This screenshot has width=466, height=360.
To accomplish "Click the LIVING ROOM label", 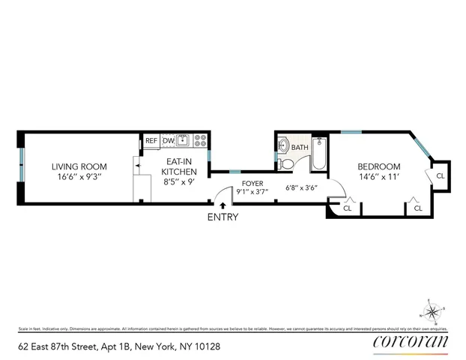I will pos(79,166).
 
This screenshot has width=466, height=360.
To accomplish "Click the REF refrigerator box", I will pos(151,140).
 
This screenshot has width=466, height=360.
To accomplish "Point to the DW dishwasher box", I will pos(169,140).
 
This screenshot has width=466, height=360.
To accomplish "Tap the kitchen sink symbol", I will pos(183,139).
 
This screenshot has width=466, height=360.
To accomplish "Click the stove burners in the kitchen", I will pos(200,139).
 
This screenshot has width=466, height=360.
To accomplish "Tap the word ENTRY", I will pos(223,217).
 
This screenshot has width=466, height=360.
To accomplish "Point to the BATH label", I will pos(300,148).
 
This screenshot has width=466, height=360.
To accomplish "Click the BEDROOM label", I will pos(378,166).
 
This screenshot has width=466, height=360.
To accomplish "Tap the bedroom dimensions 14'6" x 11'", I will pos(378,179).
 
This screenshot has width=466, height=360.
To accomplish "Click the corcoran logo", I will pos(411,342).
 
